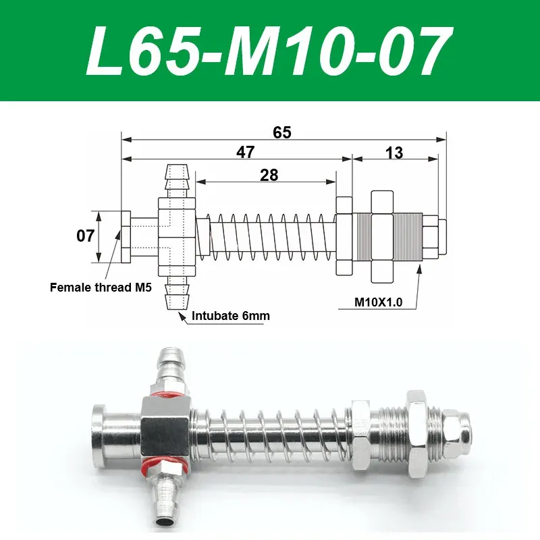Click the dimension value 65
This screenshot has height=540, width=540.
(282, 132)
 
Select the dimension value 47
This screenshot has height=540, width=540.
(245, 153)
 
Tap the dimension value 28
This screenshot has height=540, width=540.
(269, 175)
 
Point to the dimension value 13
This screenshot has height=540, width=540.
(394, 153)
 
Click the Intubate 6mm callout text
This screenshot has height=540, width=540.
(228, 315)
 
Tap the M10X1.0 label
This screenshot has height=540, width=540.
(378, 302)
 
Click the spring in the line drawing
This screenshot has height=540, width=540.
(270, 237)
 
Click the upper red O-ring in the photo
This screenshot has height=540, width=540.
(165, 395)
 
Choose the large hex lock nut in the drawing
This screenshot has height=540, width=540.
(381, 237)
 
